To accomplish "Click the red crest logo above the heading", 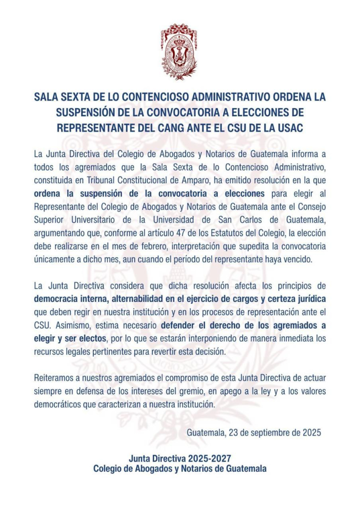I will tap(179, 51).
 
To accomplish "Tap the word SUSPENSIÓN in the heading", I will tap(97, 112).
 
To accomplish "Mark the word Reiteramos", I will tap(54, 378).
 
